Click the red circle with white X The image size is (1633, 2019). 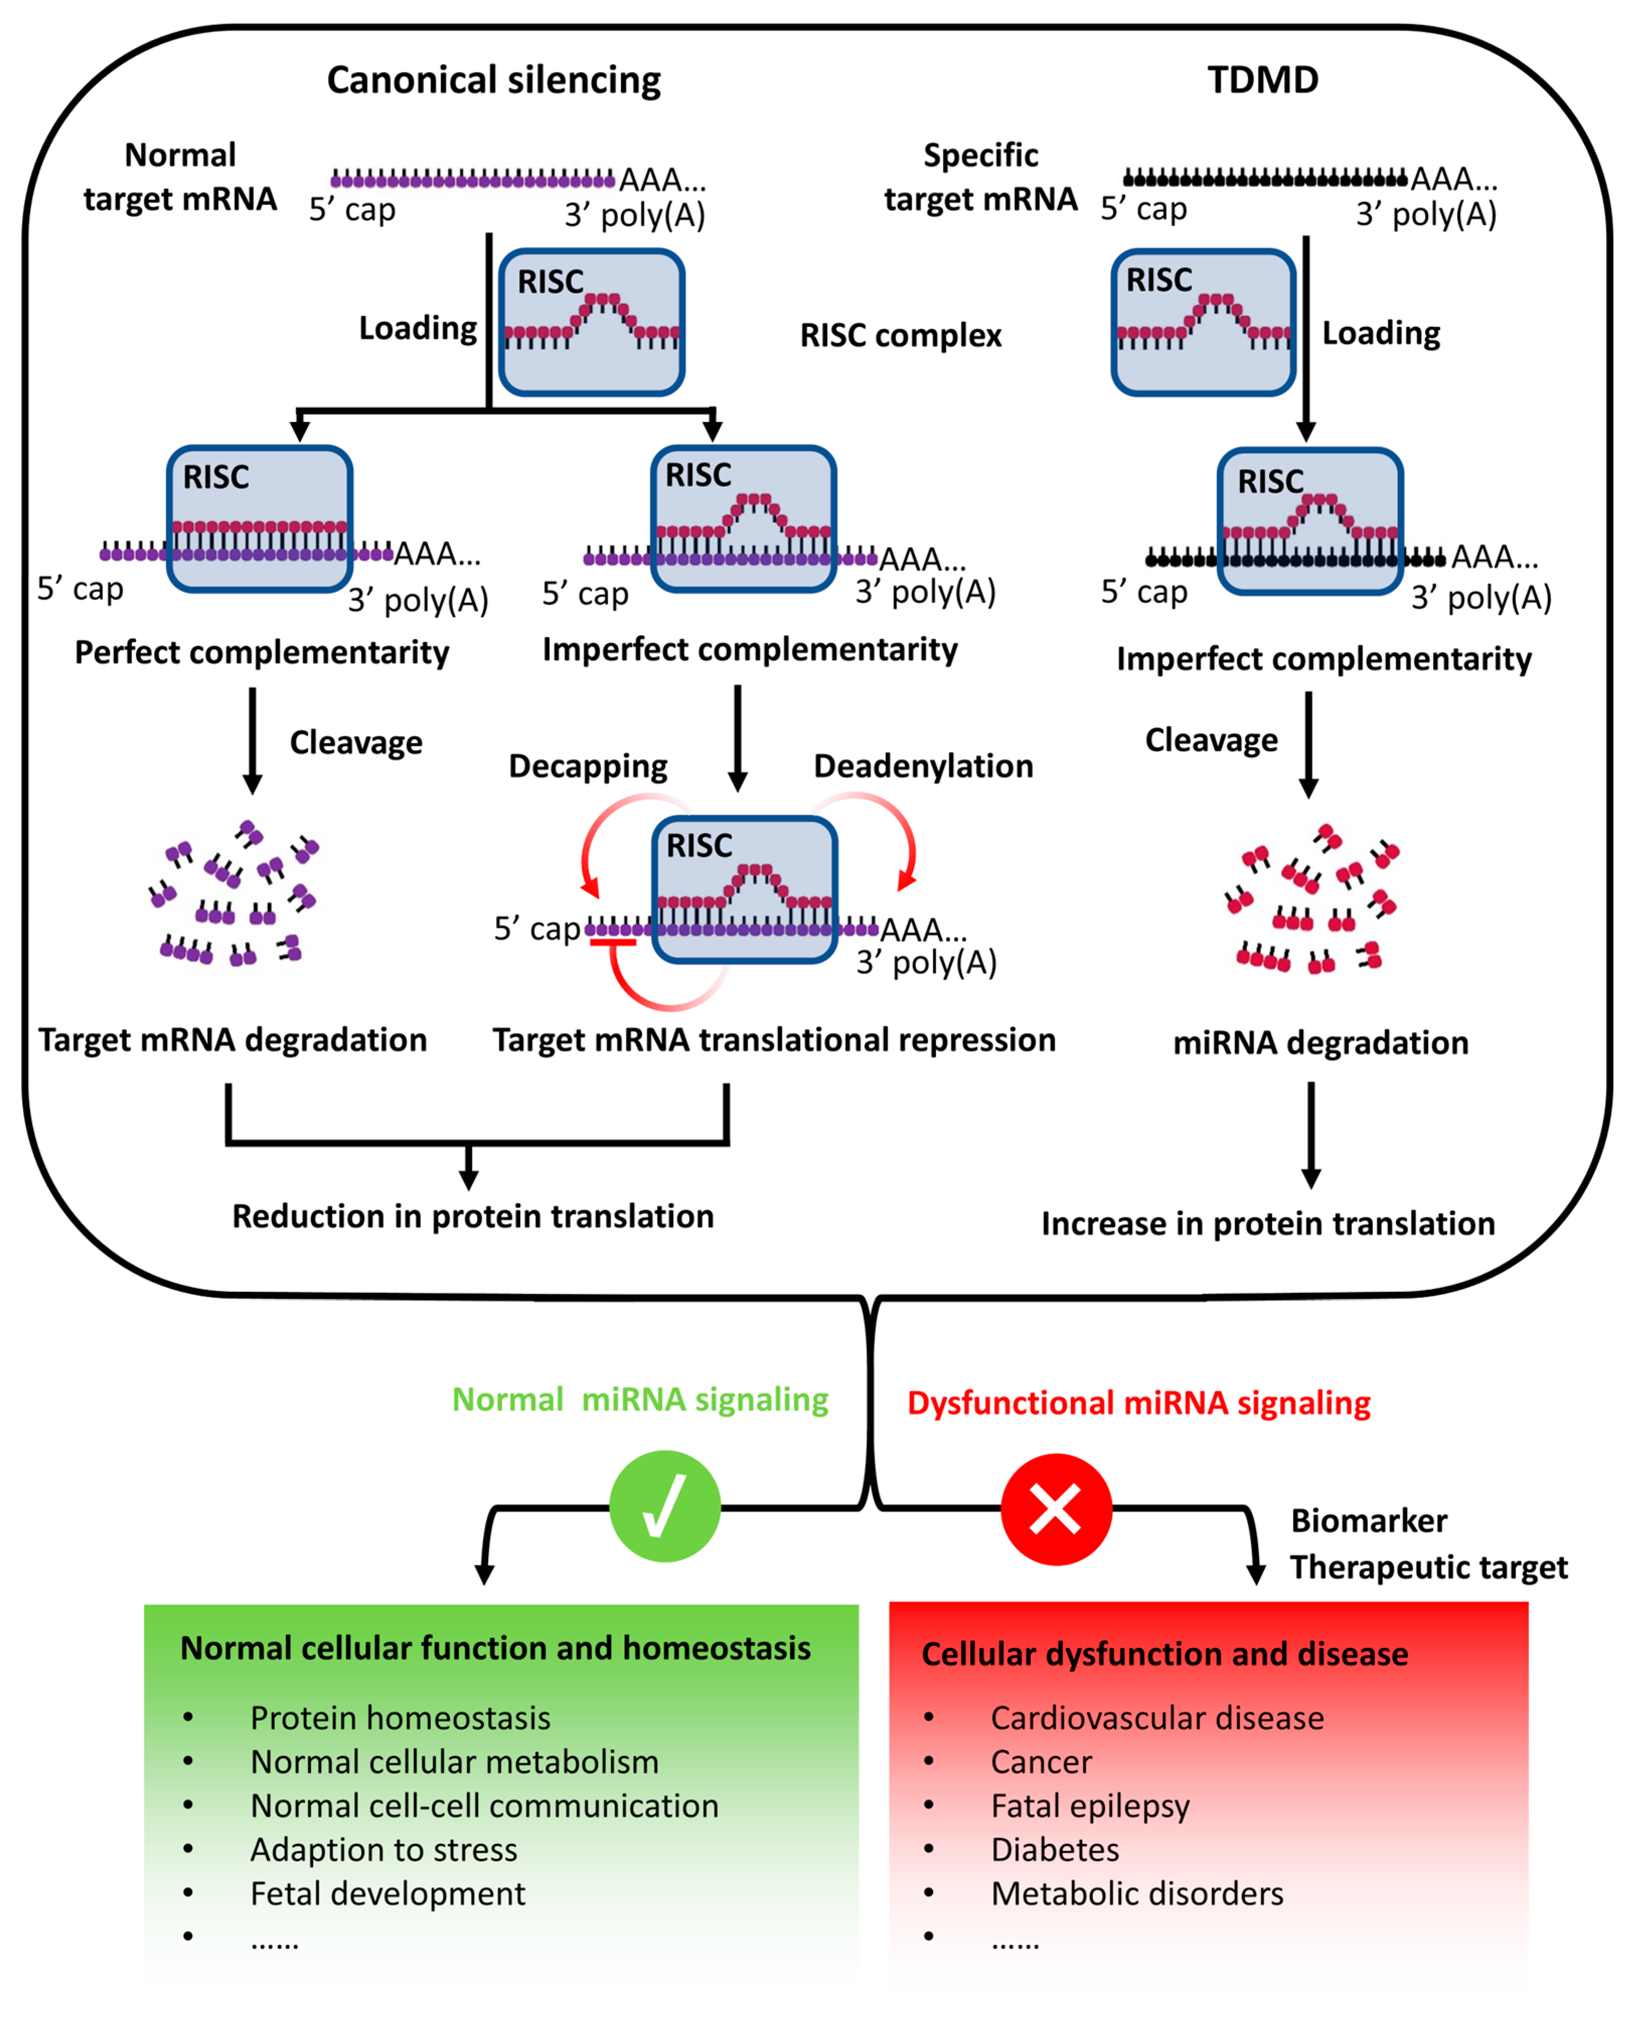click(1055, 1509)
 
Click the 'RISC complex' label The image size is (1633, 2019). click(900, 336)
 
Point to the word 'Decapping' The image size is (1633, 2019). click(588, 766)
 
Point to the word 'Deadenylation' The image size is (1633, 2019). click(923, 766)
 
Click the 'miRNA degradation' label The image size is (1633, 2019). click(1320, 1043)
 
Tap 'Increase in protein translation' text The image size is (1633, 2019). click(1267, 1223)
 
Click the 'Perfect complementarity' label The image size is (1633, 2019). click(262, 653)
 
